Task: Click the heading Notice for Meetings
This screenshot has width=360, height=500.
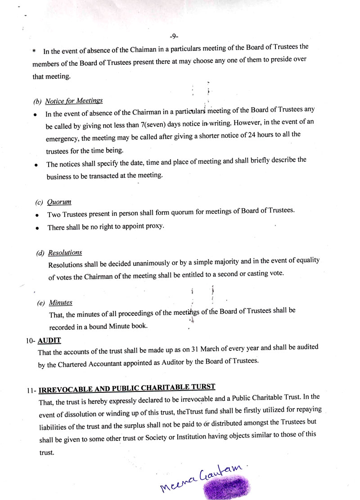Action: pos(74,100)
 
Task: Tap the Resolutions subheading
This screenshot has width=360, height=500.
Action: pos(65,253)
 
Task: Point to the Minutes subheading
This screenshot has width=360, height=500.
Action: pos(60,303)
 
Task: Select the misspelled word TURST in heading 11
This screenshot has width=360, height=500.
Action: pos(204,387)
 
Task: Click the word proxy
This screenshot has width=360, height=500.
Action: pos(154,226)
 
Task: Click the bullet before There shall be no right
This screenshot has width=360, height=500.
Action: pos(37,228)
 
